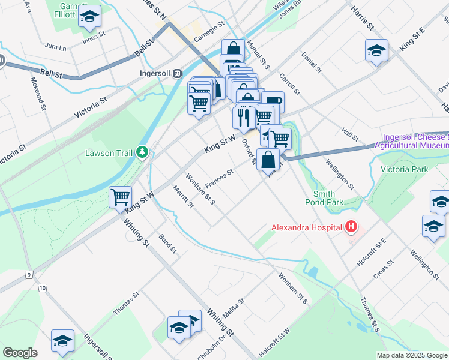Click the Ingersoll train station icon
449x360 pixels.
177,73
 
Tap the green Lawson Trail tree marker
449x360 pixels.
142,153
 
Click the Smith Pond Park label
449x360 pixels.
328,198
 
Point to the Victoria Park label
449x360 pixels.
405,169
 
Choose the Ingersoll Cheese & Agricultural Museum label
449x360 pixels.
412,142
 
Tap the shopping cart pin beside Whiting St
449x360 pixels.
121,196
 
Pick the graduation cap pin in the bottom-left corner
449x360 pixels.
62,340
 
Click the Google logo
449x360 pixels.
20,353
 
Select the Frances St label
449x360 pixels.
219,177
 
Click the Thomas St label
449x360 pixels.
126,303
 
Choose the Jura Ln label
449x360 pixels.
55,45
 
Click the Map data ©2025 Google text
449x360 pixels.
412,355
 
